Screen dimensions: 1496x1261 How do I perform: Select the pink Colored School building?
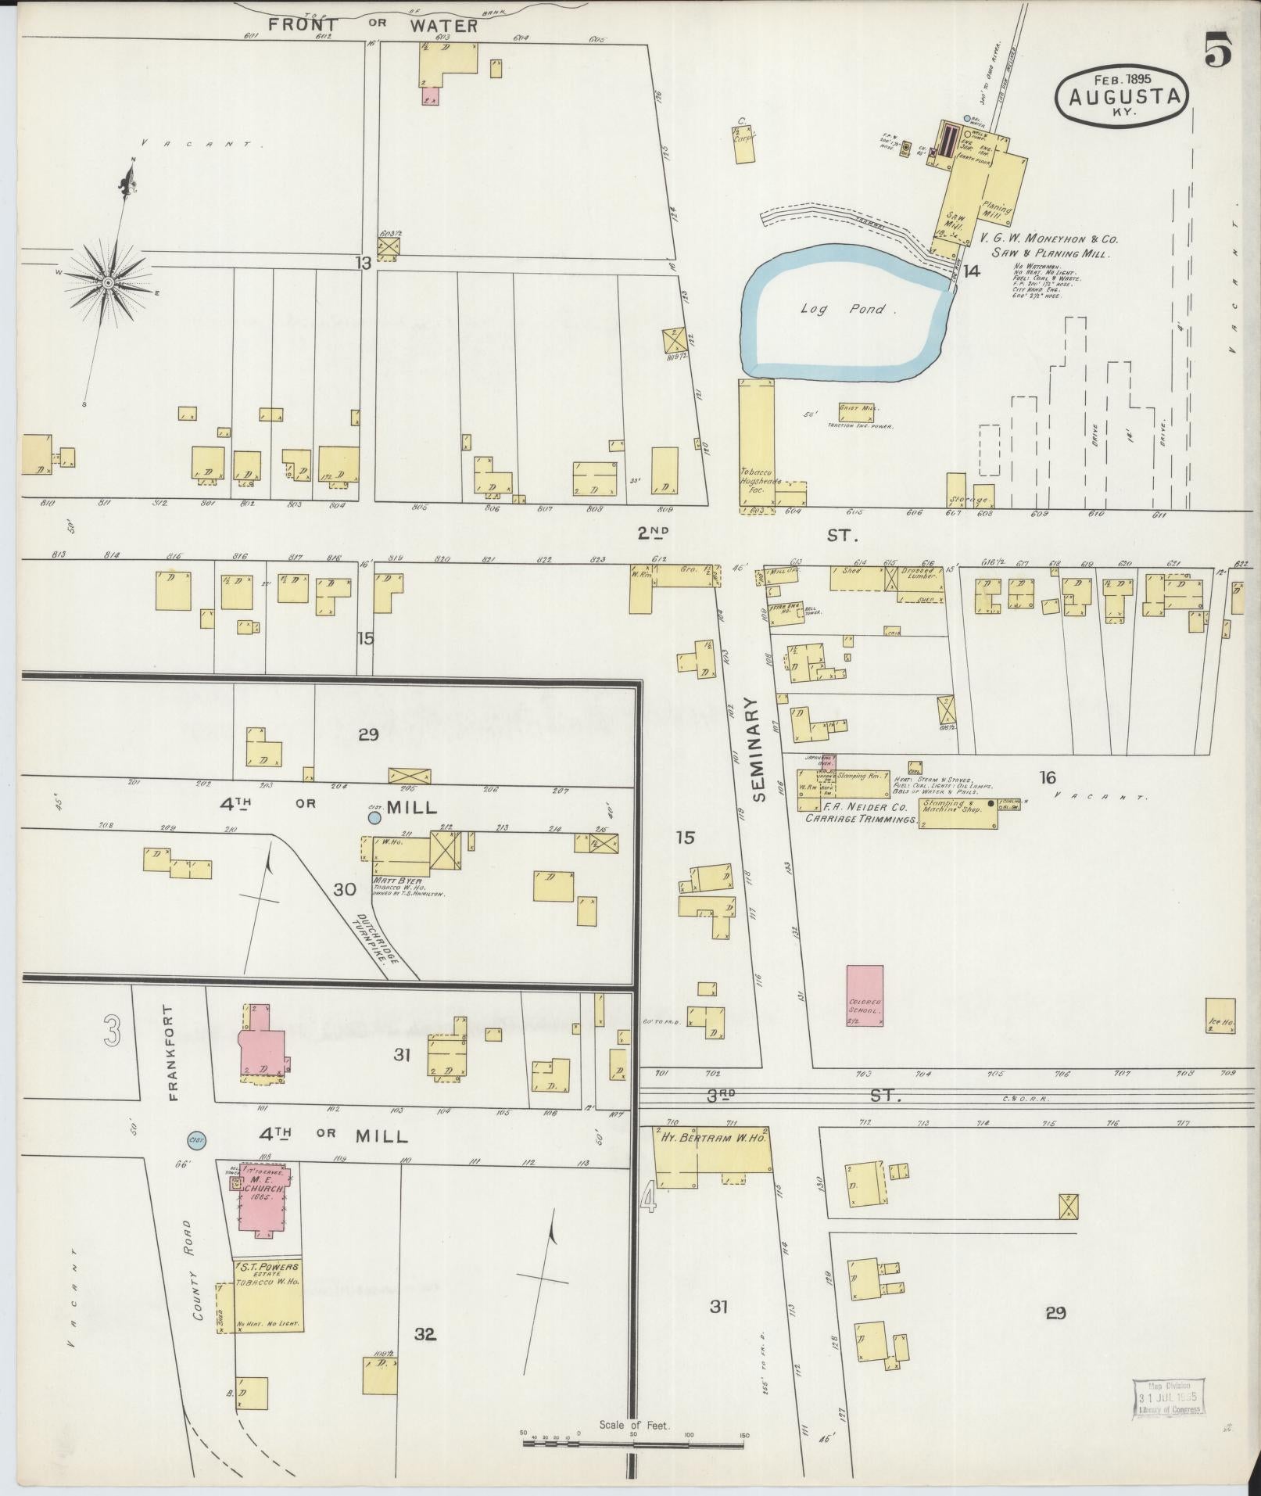pos(865,995)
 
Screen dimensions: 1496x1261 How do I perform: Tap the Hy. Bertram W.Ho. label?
pos(711,1139)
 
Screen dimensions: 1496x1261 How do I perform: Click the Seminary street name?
pos(757,750)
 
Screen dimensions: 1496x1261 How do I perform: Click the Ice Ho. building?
pos(1220,1017)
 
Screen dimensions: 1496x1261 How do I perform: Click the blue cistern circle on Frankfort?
pos(196,1141)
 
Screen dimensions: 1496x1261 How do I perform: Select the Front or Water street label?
pos(372,25)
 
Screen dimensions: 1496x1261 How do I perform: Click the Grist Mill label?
pos(858,408)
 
